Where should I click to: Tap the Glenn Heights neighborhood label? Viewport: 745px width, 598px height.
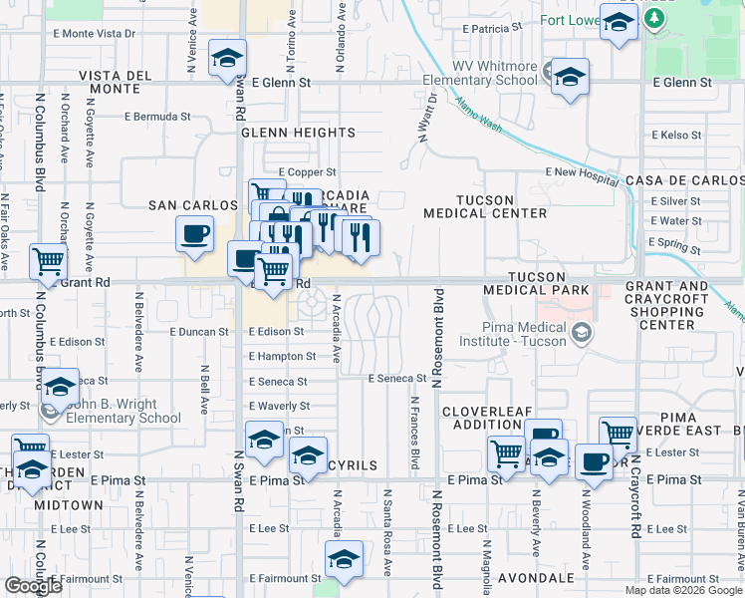pos(298,133)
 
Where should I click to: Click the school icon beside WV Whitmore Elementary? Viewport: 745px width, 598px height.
pos(570,76)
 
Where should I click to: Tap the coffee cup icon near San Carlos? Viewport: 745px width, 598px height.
pos(194,234)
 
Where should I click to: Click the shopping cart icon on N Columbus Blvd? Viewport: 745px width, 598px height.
pos(48,262)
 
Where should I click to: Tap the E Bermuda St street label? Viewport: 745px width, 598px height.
pos(157,117)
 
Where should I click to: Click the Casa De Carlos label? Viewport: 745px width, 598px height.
pos(684,180)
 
